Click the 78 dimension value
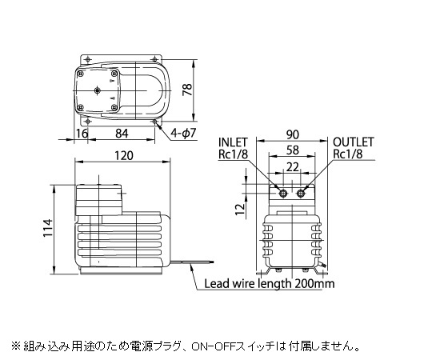[187, 90]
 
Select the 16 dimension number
[82, 134]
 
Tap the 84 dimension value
[122, 134]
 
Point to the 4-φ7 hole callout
[183, 134]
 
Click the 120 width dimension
[124, 156]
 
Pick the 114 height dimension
[48, 228]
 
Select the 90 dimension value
[292, 134]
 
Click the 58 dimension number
[292, 150]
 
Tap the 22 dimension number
[292, 167]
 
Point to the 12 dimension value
[241, 210]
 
